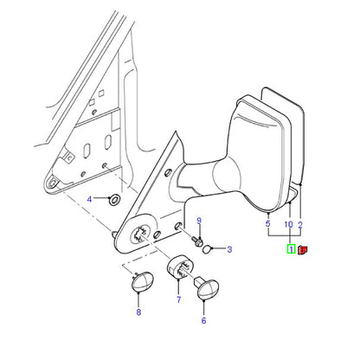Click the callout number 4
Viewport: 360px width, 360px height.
89,199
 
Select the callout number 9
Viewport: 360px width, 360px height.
199,221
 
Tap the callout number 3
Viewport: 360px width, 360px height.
229,249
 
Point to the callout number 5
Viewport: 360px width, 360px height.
268,223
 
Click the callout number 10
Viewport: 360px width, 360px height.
289,224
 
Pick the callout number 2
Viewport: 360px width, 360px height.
300,225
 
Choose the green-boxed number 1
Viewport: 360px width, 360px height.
291,249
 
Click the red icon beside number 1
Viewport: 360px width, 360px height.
303,249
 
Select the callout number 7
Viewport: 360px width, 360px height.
179,299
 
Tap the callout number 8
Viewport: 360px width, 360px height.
138,312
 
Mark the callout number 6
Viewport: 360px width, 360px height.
204,320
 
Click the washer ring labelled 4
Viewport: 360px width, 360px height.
115,199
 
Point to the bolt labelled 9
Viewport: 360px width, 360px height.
197,241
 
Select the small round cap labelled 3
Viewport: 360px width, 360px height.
207,249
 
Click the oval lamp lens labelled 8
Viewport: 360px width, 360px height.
143,282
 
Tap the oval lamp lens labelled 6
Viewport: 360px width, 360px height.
208,289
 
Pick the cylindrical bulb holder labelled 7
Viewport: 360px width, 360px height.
180,267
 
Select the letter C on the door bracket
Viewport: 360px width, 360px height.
69,157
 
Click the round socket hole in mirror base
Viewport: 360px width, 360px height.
141,235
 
